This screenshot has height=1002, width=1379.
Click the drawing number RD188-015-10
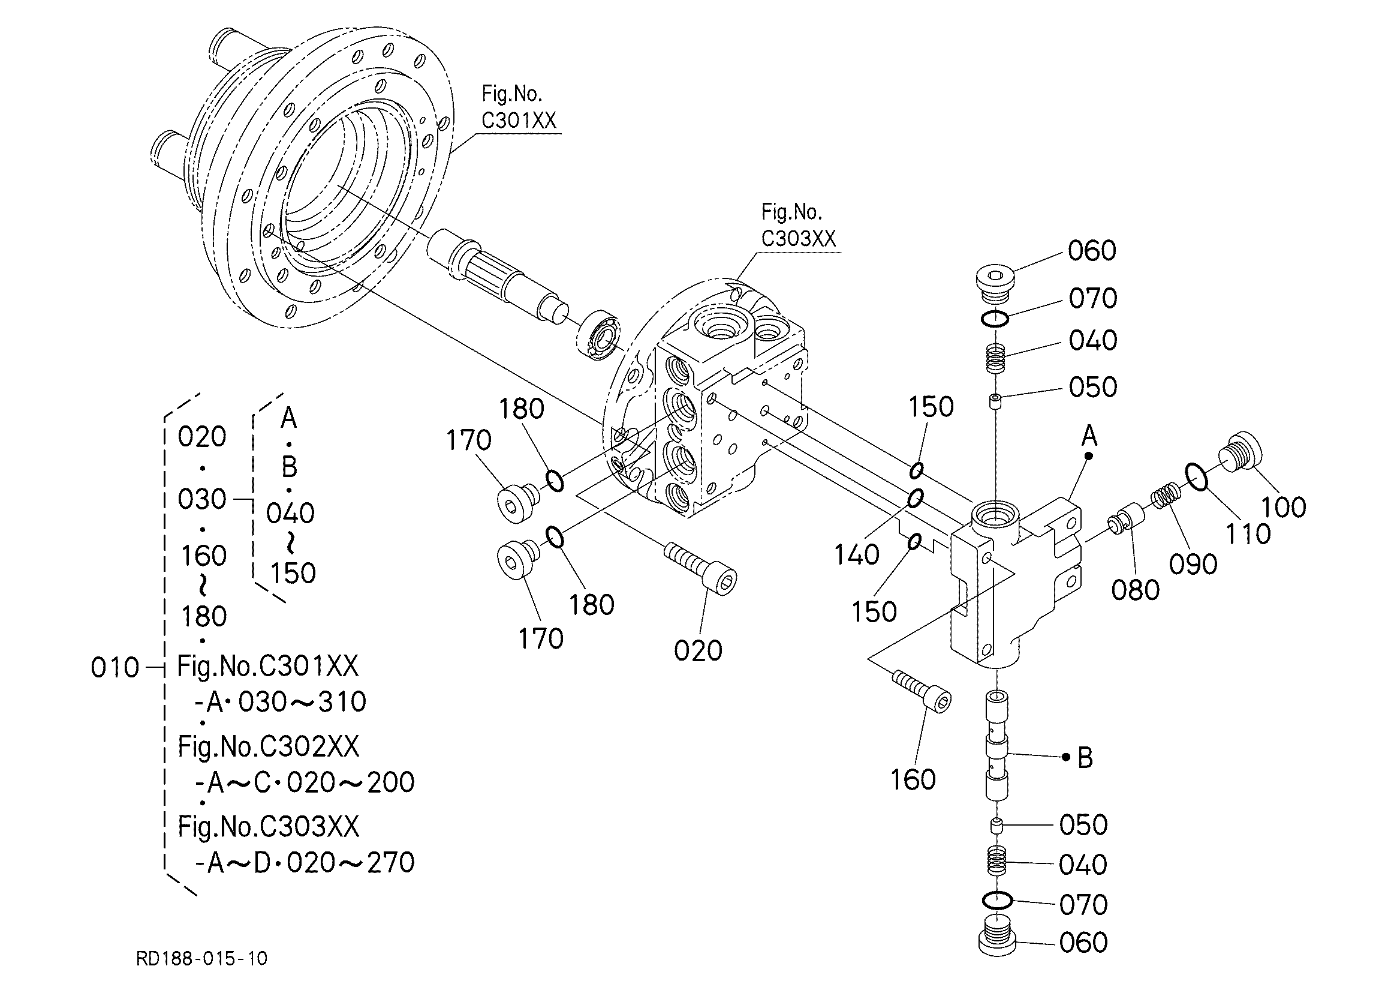[x=202, y=959]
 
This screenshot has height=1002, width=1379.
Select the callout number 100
[x=1284, y=507]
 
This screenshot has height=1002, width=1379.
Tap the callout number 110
[x=1248, y=534]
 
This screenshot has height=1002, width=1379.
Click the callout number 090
[x=1193, y=564]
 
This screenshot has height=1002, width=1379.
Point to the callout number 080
[x=1135, y=590]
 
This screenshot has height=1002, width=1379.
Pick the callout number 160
[x=913, y=779]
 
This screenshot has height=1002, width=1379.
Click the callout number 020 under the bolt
[x=698, y=651]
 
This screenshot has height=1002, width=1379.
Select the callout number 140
[x=856, y=554]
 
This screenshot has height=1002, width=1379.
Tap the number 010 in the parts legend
[x=115, y=667]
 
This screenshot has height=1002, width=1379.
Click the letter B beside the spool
[x=1085, y=758]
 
